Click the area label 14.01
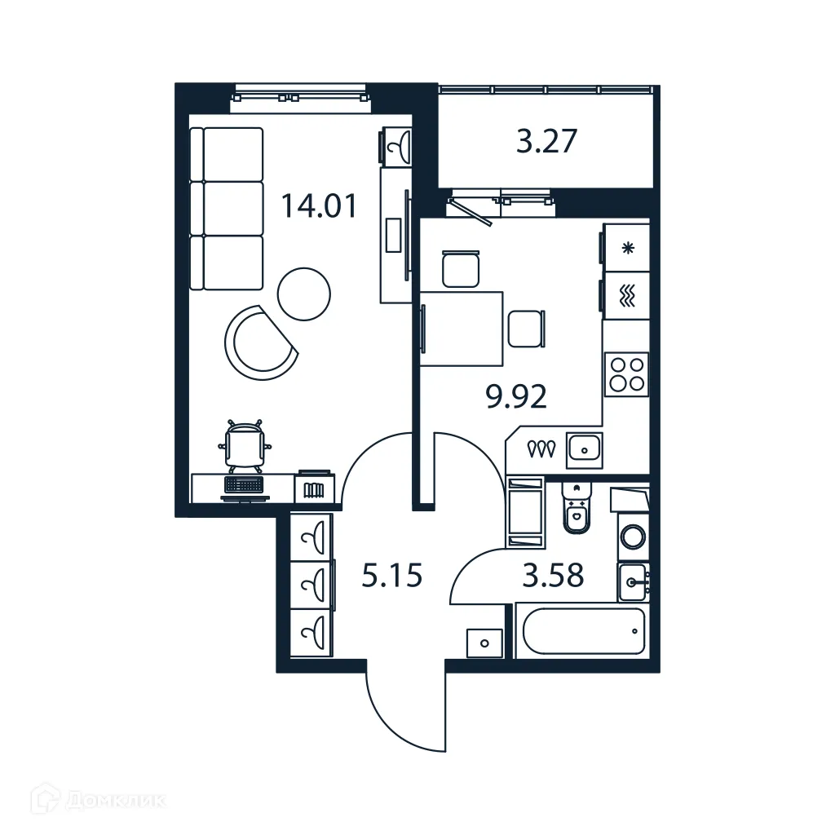(319, 205)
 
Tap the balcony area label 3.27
(547, 142)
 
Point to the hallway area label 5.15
(392, 577)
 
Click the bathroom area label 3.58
(554, 576)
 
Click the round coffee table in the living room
(305, 294)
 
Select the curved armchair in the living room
(258, 341)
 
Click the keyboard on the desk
(244, 484)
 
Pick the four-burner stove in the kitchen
(626, 374)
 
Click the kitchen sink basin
(585, 448)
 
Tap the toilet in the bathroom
(577, 512)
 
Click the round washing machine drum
(633, 537)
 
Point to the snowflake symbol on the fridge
(627, 249)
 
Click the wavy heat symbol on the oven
(627, 295)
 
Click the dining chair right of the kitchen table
(525, 329)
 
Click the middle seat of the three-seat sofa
(232, 208)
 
